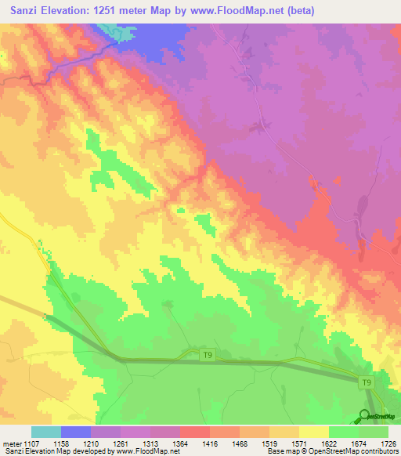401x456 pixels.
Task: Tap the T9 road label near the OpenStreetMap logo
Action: pos(366,383)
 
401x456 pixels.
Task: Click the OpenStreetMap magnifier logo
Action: pos(364,415)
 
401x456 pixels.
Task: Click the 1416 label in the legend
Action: pos(210,443)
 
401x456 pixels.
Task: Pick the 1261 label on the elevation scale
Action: pos(121,443)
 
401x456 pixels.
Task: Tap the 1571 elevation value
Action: pos(298,443)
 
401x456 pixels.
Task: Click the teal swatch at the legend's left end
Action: pos(45,432)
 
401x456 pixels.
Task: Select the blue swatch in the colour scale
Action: pos(75,432)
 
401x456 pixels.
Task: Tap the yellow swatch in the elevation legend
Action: pos(313,432)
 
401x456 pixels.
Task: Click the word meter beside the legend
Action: pos(13,443)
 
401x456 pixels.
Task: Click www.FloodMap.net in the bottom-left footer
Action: pos(146,452)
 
